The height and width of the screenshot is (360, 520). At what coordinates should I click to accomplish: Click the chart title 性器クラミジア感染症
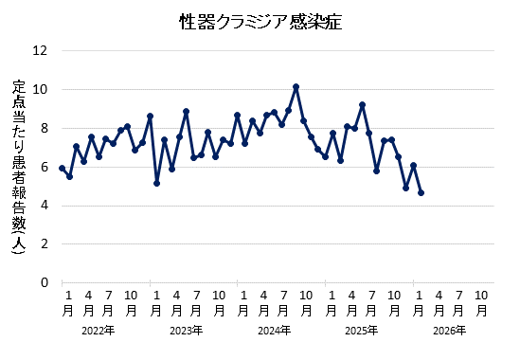click(x=260, y=22)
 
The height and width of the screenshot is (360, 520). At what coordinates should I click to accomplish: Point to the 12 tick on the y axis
click(x=41, y=51)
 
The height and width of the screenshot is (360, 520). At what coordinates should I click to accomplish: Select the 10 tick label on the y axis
click(x=41, y=90)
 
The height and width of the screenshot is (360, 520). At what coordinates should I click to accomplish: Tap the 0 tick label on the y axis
click(x=44, y=282)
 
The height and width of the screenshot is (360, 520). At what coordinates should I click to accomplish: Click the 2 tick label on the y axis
click(x=44, y=243)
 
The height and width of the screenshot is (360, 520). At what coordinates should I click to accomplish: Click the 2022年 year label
click(x=99, y=331)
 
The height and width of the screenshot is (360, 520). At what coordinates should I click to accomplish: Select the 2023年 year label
click(x=186, y=331)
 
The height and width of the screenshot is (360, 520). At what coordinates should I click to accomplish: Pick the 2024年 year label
click(x=274, y=331)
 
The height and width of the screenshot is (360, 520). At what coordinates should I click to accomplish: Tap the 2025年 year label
click(x=361, y=331)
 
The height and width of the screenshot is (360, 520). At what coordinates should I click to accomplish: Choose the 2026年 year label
click(x=449, y=331)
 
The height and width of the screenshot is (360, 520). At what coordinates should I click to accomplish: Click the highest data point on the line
click(x=296, y=87)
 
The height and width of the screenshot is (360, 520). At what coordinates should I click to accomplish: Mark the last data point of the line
click(x=421, y=192)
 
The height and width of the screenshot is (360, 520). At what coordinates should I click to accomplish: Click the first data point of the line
click(x=62, y=168)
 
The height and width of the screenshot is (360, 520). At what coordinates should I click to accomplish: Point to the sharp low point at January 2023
click(x=156, y=183)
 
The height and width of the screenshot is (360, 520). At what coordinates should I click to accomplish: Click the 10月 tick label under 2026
click(x=482, y=302)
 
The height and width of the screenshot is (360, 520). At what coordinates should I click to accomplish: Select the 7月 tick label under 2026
click(x=460, y=302)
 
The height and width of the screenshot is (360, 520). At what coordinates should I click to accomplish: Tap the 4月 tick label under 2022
click(x=87, y=302)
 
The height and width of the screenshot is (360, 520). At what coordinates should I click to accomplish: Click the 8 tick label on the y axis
click(x=44, y=129)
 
